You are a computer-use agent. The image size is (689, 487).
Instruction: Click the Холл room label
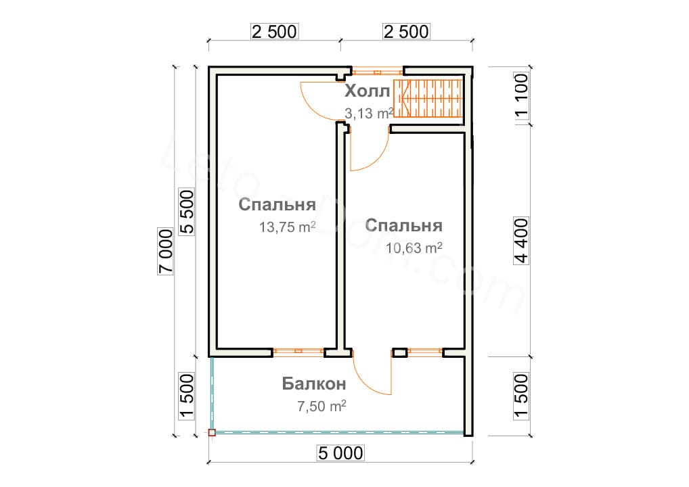click(x=368, y=91)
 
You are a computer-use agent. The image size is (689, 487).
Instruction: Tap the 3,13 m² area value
click(x=369, y=114)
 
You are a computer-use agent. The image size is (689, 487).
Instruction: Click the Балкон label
click(x=315, y=384)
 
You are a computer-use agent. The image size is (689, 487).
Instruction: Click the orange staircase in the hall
click(x=428, y=99)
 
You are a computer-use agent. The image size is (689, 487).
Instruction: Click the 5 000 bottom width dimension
click(x=340, y=453)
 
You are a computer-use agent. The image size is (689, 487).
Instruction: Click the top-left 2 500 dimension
click(x=274, y=31)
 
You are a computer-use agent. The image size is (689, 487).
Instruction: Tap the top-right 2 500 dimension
click(x=407, y=31)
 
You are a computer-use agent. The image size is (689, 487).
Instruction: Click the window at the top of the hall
click(x=378, y=70)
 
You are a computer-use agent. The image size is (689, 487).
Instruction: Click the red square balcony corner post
click(x=212, y=432)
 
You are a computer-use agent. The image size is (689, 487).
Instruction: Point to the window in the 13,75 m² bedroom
click(x=298, y=352)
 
